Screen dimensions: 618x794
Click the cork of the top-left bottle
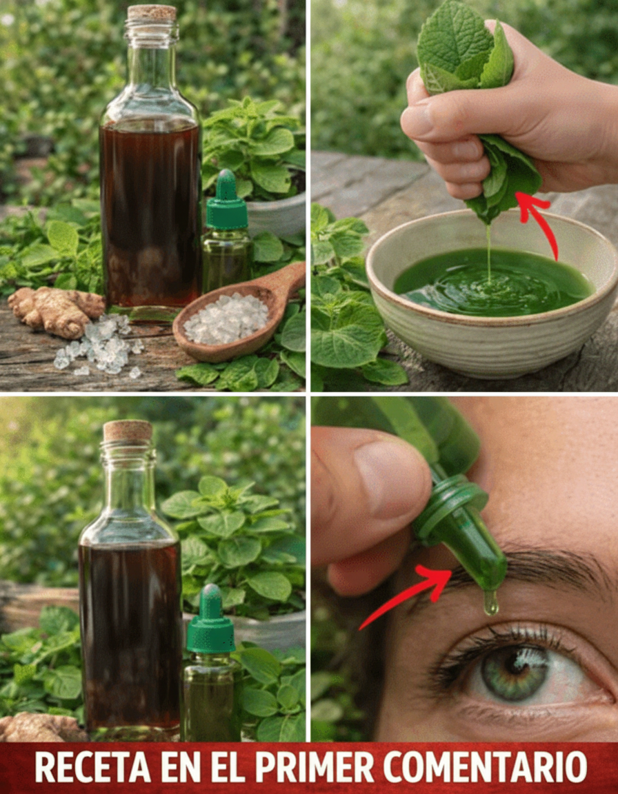(152, 13)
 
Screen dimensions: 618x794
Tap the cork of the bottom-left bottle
(128, 431)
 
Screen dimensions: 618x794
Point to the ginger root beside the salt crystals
(54, 311)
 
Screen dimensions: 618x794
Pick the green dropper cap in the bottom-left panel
(211, 620)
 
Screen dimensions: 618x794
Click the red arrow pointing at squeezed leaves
(541, 223)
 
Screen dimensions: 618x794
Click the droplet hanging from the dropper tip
(490, 603)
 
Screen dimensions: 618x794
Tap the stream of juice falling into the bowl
(489, 252)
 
